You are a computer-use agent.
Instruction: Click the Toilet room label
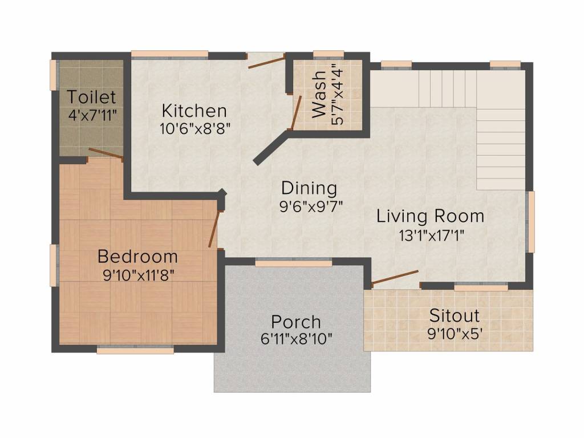pyautogui.click(x=92, y=97)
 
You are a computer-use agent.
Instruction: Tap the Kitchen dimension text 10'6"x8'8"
pyautogui.click(x=195, y=129)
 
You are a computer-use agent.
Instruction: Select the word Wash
pyautogui.click(x=319, y=94)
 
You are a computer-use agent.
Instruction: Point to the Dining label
pyautogui.click(x=309, y=188)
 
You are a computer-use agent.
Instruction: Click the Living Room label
pyautogui.click(x=430, y=216)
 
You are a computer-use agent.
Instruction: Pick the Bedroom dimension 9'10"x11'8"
pyautogui.click(x=139, y=275)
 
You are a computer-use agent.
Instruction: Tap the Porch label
pyautogui.click(x=296, y=322)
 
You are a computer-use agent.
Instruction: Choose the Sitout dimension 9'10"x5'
pyautogui.click(x=455, y=334)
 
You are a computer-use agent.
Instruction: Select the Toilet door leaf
pyautogui.click(x=106, y=153)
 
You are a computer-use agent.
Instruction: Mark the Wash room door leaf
pyautogui.click(x=296, y=113)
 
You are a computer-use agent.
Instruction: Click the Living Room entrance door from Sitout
pyautogui.click(x=395, y=278)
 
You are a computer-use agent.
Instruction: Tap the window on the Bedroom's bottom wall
pyautogui.click(x=135, y=350)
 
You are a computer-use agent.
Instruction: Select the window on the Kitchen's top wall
pyautogui.click(x=169, y=54)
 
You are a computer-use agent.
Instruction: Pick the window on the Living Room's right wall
pyautogui.click(x=530, y=222)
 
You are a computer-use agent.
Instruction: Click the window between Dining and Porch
pyautogui.click(x=294, y=262)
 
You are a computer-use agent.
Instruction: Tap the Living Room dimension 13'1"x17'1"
pyautogui.click(x=432, y=236)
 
